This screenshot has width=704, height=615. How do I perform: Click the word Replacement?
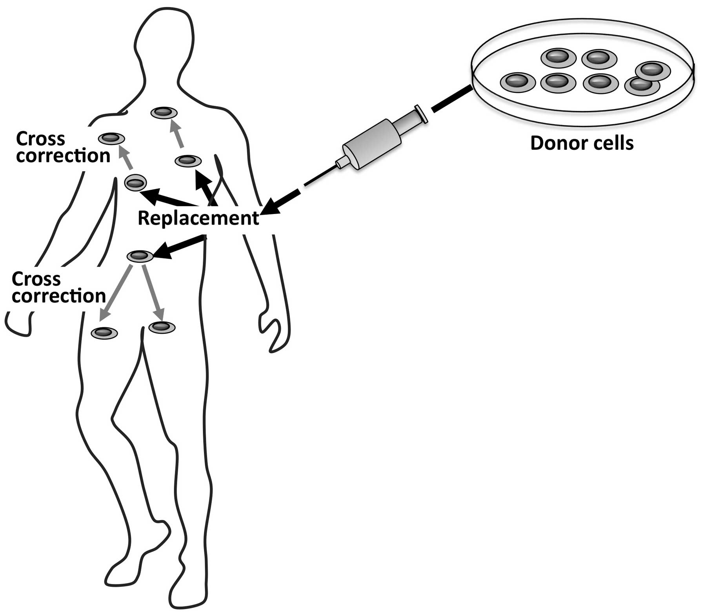coord(198,218)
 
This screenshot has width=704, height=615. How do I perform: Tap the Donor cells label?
coord(582,143)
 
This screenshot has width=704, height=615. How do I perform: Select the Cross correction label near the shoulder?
coord(63,147)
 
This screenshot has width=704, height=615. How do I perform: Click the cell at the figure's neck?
coord(164,113)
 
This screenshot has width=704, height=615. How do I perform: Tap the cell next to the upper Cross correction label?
coord(111,138)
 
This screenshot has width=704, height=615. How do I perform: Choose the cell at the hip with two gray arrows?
coord(140,256)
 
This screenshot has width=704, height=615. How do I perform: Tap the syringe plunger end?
coord(422,114)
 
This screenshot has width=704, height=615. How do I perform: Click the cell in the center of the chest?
coord(188,161)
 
